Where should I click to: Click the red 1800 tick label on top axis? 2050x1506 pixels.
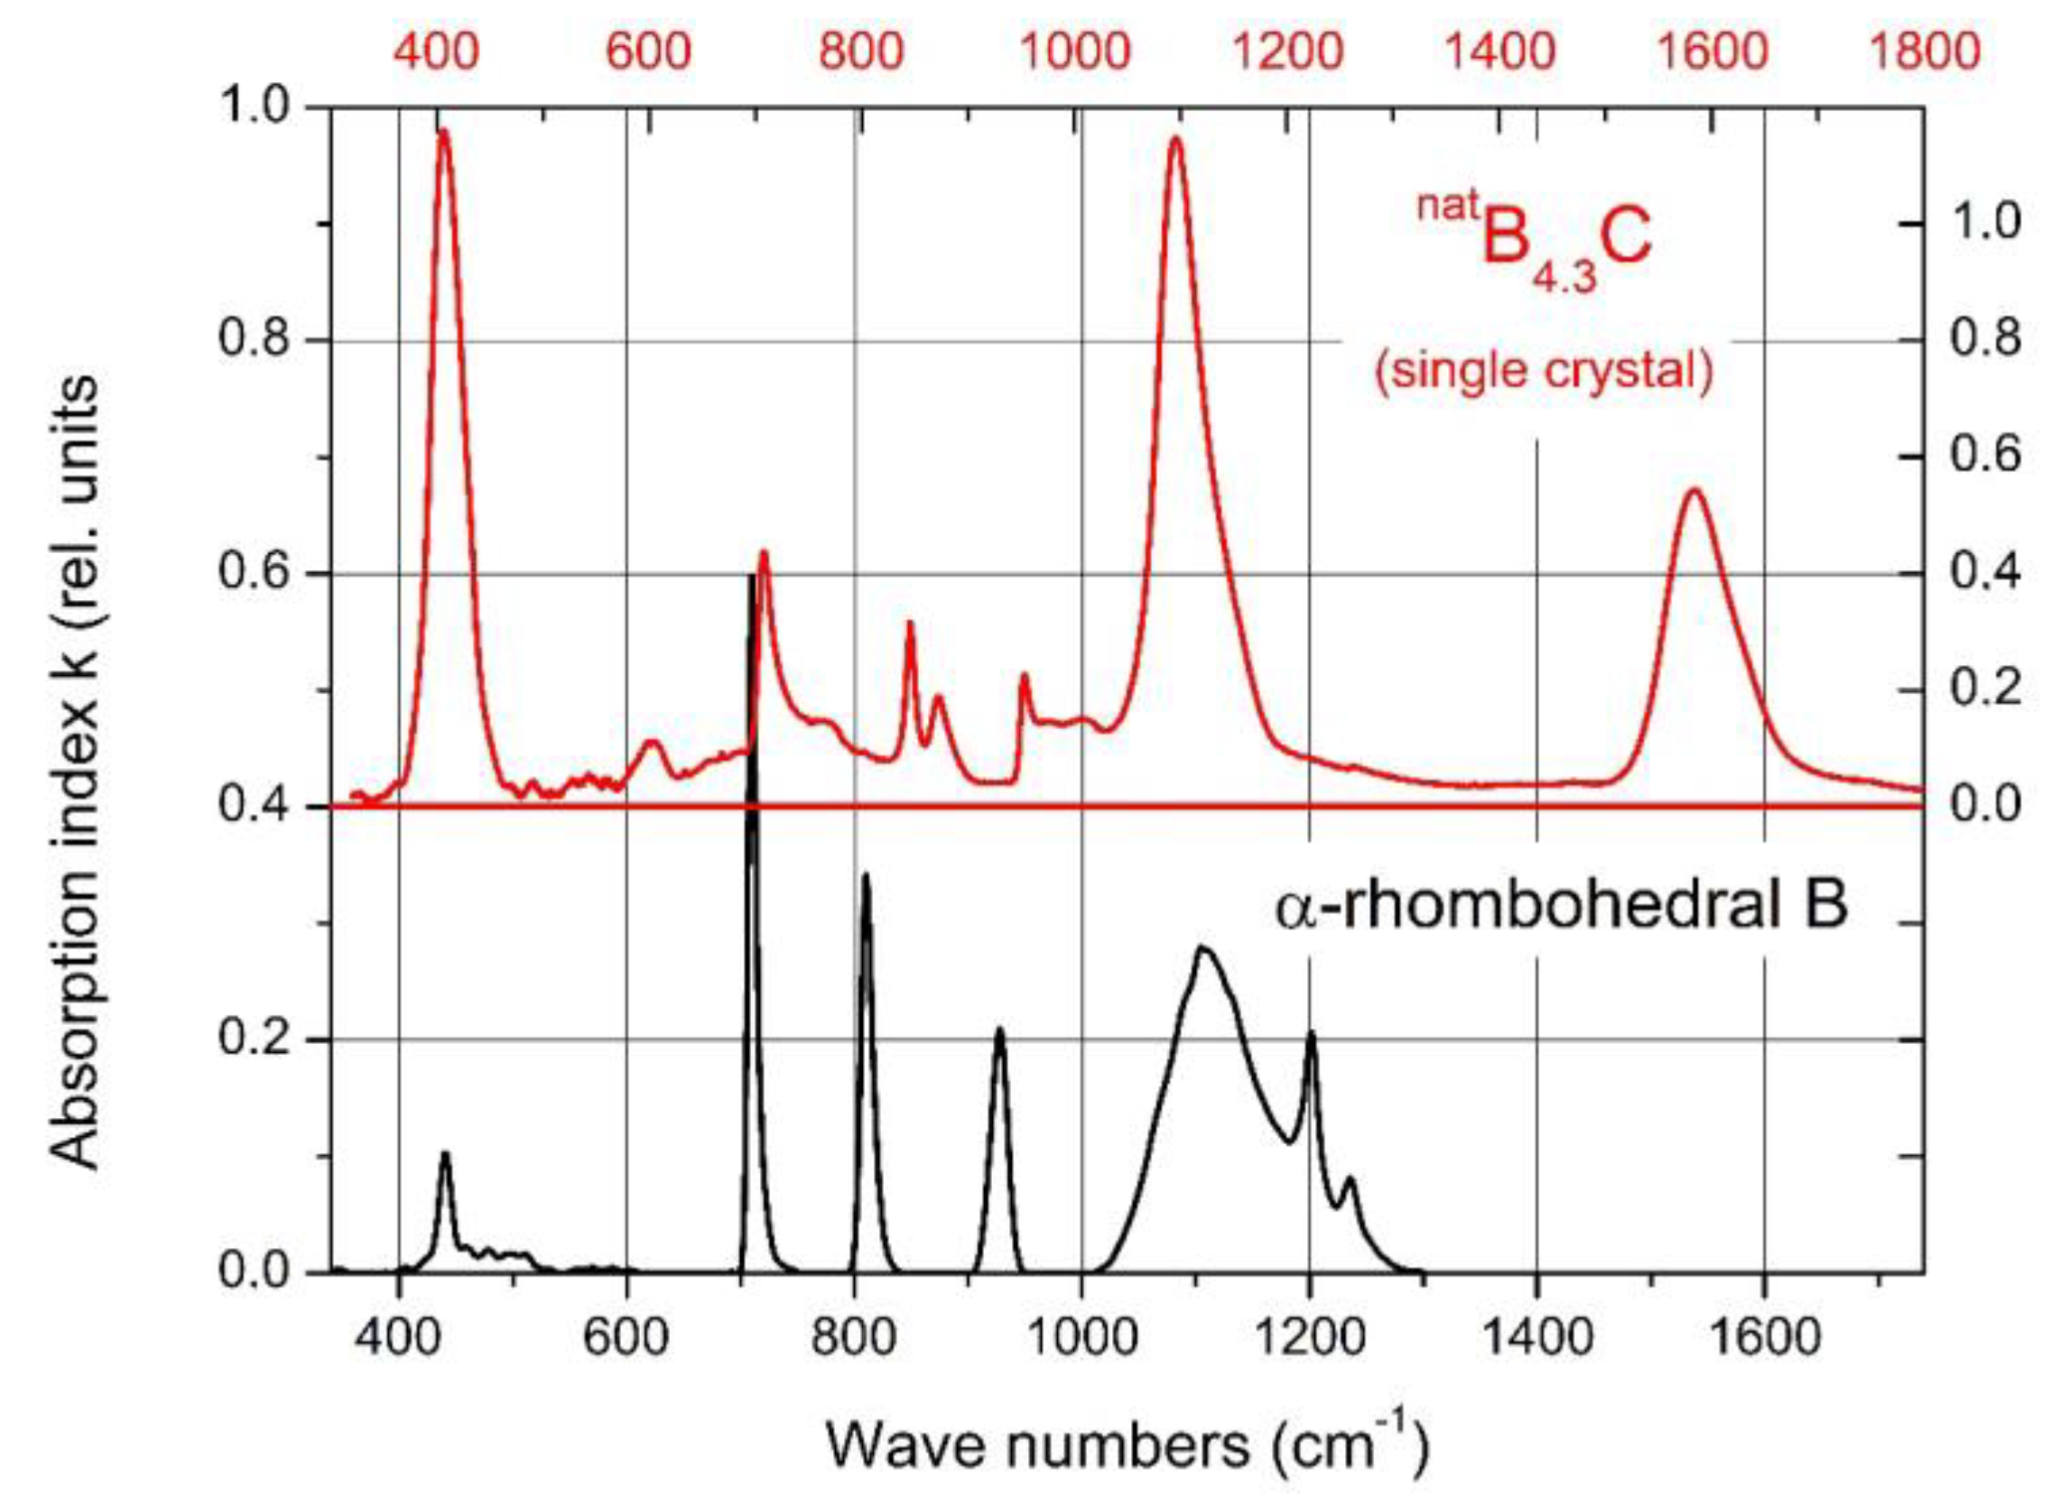(1925, 51)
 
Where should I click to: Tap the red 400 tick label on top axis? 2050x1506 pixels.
(436, 51)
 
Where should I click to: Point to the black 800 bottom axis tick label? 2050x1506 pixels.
(854, 1338)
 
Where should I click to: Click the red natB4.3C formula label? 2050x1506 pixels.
(1534, 245)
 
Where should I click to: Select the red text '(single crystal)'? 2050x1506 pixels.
(1544, 371)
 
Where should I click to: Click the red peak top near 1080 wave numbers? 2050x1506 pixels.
(1175, 138)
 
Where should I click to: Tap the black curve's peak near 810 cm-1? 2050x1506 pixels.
(866, 874)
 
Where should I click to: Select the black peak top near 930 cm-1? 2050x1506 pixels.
(1000, 1030)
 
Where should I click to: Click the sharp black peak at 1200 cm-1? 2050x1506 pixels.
(1312, 1033)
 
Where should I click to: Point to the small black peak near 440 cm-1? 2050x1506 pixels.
(445, 1153)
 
